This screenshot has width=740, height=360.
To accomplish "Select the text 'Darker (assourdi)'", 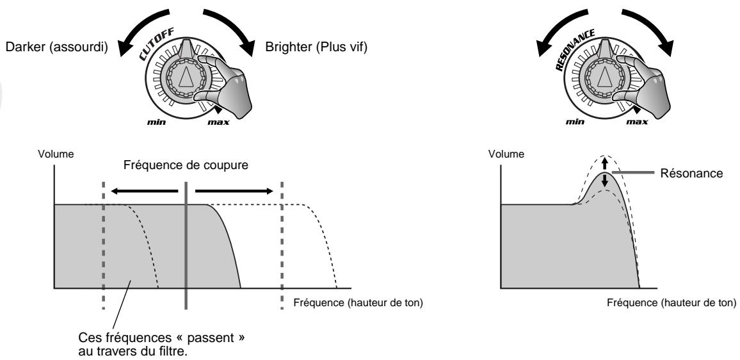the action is (56, 47).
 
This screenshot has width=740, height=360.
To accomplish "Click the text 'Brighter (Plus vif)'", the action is (316, 47).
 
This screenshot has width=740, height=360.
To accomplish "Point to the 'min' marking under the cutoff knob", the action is (156, 122).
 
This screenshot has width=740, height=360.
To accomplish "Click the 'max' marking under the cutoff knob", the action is (218, 122).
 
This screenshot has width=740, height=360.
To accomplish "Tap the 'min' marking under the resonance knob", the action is (575, 122).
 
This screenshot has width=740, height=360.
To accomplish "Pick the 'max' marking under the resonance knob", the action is (637, 122).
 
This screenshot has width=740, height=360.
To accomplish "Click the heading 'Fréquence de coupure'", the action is (186, 166).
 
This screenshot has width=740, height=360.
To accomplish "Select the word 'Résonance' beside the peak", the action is (691, 174).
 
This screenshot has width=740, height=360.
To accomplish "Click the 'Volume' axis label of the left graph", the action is (56, 154).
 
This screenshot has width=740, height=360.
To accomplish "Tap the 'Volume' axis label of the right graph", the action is (506, 154).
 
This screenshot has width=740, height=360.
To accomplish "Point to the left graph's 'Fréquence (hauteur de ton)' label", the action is (358, 303).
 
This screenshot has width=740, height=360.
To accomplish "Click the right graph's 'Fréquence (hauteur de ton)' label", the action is (672, 303).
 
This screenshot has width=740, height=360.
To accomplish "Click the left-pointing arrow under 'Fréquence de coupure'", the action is (145, 191).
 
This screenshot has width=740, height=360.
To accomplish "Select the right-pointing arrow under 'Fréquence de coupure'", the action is (234, 191).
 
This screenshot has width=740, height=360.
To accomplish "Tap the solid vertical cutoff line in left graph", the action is (186, 246).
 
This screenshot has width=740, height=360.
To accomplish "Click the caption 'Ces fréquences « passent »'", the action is (162, 339).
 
